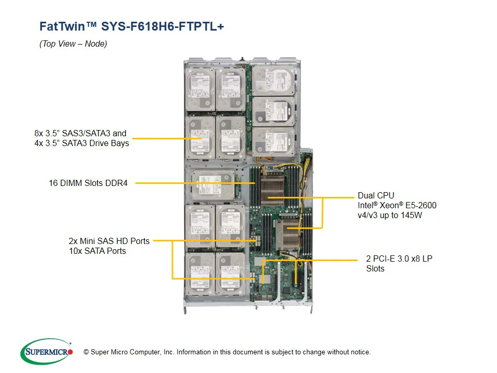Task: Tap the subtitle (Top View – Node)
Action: point(73,44)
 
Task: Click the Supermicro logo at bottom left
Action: point(46,352)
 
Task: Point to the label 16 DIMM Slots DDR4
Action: point(88,183)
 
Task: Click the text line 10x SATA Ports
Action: point(97,251)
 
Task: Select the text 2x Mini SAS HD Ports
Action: point(109,241)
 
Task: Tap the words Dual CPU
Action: point(376,195)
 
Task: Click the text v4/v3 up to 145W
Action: point(390,215)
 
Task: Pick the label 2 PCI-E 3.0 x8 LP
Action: point(399,259)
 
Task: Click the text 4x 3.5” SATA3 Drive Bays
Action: point(81,143)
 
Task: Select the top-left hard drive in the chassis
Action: point(199,88)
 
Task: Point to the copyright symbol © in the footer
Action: point(86,352)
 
